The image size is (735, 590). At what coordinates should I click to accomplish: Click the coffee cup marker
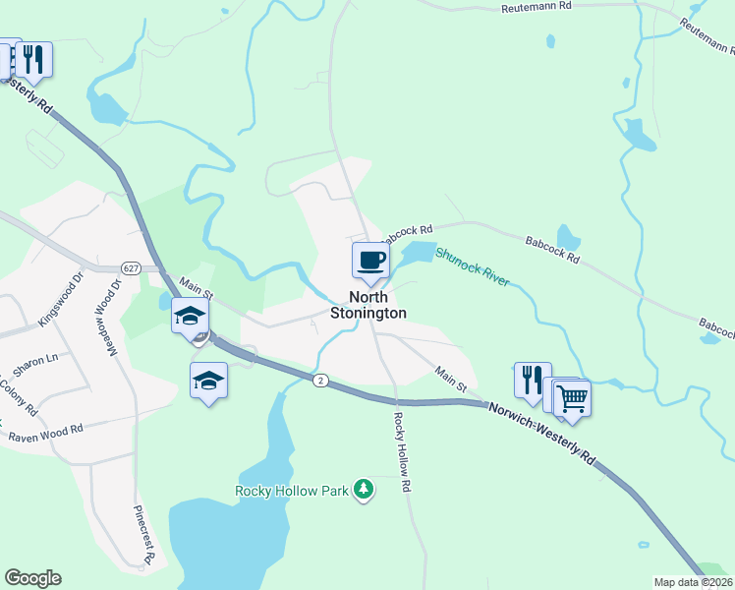tap(370, 261)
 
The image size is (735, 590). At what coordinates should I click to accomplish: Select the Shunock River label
tap(473, 265)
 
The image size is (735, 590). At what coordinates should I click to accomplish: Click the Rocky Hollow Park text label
tap(292, 490)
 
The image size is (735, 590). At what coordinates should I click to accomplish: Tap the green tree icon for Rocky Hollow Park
tap(365, 489)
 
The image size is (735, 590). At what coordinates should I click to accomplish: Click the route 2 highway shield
tap(320, 380)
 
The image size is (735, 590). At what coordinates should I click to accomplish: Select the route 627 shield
tap(131, 267)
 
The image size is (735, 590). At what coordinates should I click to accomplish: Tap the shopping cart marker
tap(572, 399)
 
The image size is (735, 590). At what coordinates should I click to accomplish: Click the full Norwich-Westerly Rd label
tap(541, 430)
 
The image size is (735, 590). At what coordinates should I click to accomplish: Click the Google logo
tap(32, 578)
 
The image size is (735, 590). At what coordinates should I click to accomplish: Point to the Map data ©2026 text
tap(694, 582)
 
